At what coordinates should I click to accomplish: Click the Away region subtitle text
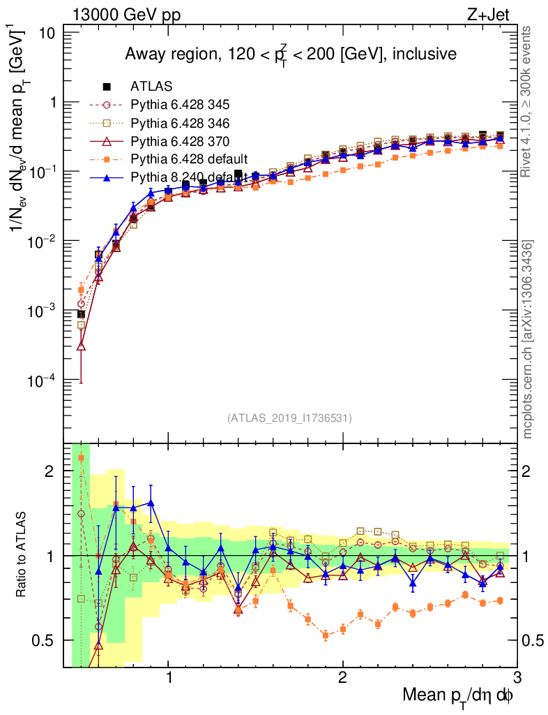tap(290, 54)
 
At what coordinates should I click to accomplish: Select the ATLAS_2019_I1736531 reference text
tap(289, 418)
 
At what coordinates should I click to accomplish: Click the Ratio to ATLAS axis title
tap(22, 555)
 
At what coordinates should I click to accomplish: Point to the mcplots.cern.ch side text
tap(528, 339)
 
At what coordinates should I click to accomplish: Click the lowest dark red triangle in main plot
tap(82, 346)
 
